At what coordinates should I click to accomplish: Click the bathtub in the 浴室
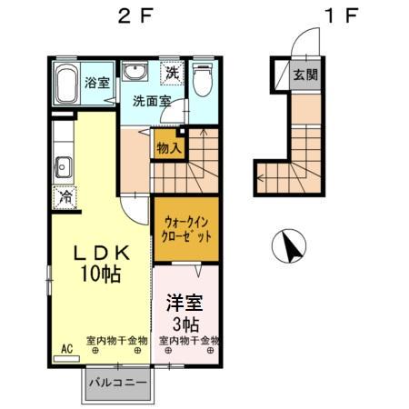(x=65, y=83)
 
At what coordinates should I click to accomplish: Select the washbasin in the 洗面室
(x=136, y=74)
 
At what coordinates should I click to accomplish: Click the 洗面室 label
(x=150, y=101)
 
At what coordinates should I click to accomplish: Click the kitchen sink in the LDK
(x=63, y=166)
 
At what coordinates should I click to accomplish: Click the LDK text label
(x=100, y=254)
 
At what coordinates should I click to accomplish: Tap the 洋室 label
(x=185, y=301)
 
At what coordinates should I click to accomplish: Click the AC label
(x=66, y=349)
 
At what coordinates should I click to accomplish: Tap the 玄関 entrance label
(x=304, y=75)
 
